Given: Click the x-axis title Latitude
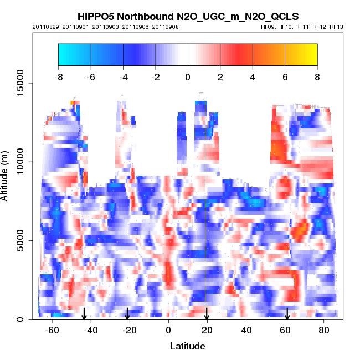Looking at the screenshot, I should click(187, 346).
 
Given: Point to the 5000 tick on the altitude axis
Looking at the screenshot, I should click(21, 240).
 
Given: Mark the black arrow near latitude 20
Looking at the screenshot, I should click(207, 314).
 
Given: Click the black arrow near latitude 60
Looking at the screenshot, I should click(287, 314).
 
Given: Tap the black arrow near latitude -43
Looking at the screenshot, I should click(84, 314).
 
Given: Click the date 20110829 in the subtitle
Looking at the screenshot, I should click(45, 27).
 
